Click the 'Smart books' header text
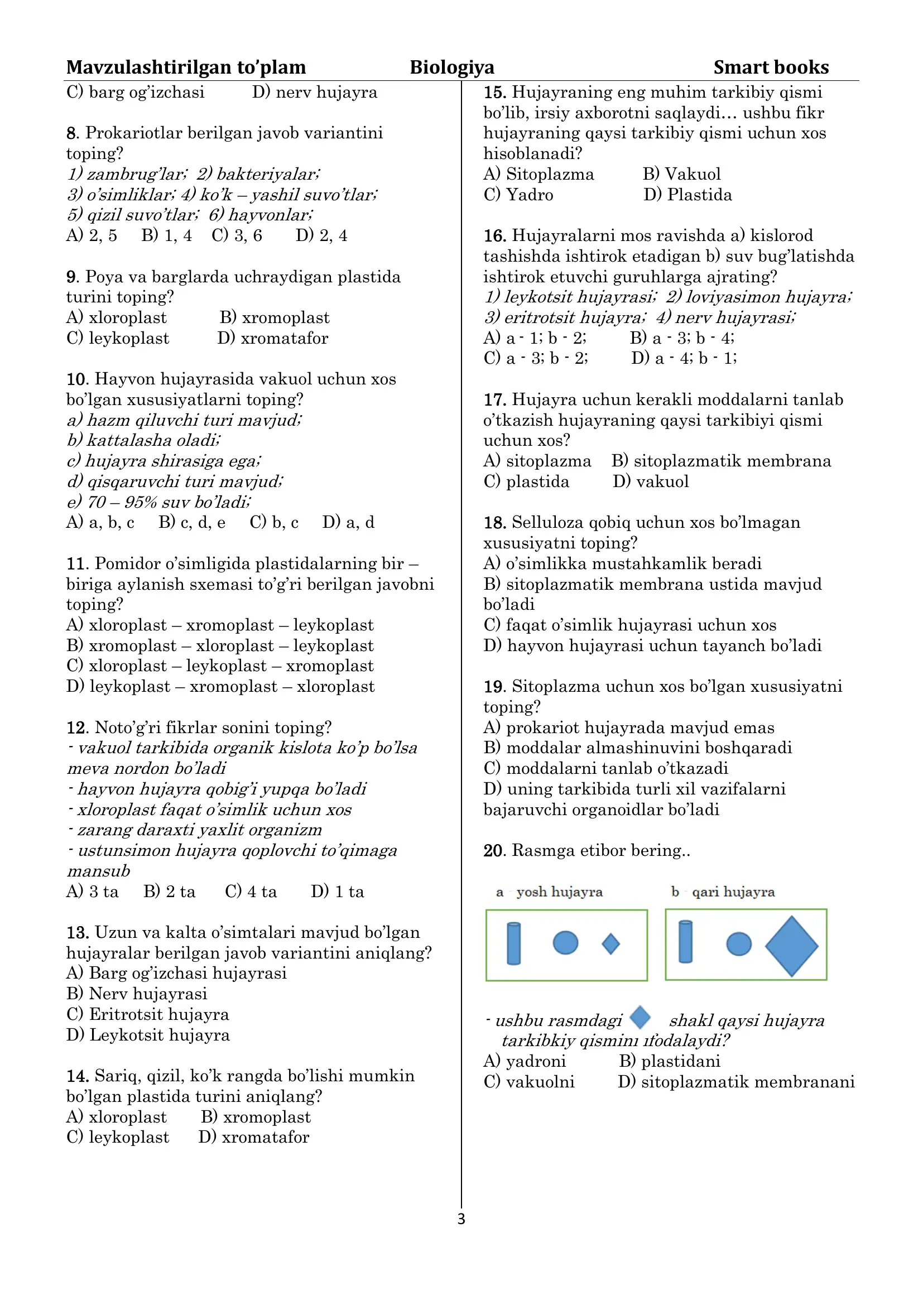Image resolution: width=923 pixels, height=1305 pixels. click(771, 67)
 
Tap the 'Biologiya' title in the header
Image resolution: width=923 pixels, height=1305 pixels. click(452, 67)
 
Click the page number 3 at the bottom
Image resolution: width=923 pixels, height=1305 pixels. click(461, 1219)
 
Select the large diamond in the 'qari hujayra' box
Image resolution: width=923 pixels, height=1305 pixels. click(791, 946)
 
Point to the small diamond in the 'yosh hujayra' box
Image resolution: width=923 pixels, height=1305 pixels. click(610, 944)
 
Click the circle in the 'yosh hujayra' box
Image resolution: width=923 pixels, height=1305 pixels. click(565, 942)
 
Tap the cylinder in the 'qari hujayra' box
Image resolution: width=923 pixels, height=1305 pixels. click(685, 942)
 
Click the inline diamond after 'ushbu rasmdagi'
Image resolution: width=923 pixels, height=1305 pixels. click(640, 1018)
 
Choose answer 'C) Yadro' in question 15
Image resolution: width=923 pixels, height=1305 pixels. click(518, 195)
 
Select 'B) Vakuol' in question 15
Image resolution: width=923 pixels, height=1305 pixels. click(681, 174)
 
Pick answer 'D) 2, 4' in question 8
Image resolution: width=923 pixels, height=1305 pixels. click(321, 235)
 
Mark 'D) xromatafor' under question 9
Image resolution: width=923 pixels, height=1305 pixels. click(272, 338)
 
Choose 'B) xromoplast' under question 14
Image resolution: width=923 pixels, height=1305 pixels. click(256, 1117)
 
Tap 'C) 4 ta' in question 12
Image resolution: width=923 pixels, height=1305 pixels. click(251, 891)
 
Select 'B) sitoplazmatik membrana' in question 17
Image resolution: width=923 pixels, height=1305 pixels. click(720, 461)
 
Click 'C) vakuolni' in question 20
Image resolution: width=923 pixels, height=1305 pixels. click(528, 1082)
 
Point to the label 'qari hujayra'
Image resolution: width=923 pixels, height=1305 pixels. click(733, 892)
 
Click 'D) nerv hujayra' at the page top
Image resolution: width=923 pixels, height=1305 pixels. click(314, 92)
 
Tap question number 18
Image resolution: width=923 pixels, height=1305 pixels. click(494, 523)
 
